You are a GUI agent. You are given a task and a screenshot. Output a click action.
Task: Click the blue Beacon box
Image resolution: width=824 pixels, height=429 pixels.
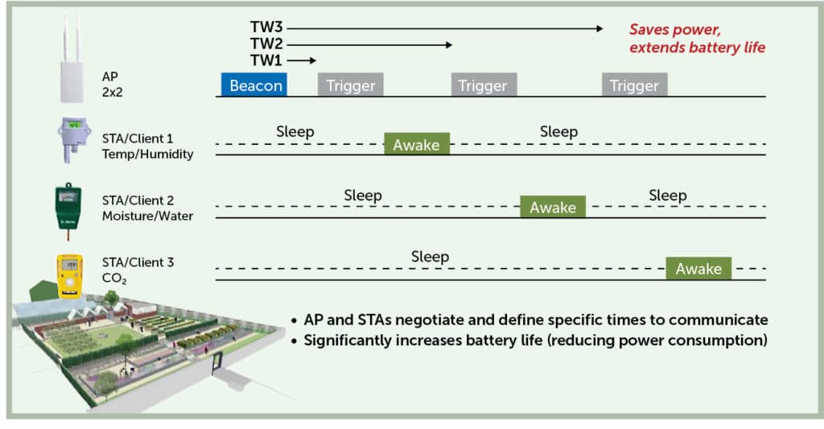point(253,85)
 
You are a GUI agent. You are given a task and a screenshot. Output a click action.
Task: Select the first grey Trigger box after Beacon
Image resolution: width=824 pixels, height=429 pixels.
point(351,85)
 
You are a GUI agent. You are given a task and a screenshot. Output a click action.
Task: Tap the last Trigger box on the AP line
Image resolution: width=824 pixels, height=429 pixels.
point(635,85)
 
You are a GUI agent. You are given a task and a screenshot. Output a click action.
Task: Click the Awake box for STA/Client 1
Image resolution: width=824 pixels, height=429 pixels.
point(417,143)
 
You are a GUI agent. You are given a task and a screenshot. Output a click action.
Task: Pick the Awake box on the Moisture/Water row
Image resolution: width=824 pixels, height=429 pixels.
point(553,207)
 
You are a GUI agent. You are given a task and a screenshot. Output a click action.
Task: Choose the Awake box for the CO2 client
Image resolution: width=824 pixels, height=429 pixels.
point(698,268)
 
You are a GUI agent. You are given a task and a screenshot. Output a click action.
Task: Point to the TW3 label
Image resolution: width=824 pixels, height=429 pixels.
point(266,27)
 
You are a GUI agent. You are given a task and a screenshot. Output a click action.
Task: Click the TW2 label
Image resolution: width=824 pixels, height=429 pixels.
point(266,43)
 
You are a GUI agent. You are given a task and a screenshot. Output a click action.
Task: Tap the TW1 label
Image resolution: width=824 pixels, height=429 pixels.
point(266,60)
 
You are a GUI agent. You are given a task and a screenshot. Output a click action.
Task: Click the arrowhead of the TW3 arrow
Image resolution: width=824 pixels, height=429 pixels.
point(600,28)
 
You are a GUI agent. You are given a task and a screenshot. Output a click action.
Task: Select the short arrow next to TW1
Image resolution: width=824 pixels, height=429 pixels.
point(302,60)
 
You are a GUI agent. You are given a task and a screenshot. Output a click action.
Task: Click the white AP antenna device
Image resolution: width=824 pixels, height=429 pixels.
point(72,58)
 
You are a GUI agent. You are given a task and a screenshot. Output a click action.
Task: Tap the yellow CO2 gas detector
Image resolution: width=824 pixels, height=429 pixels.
point(69,275)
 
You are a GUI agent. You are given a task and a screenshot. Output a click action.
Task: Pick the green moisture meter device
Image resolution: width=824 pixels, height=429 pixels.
point(68,210)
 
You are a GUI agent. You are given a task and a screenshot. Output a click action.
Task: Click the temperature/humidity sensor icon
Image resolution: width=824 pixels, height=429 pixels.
point(73,139)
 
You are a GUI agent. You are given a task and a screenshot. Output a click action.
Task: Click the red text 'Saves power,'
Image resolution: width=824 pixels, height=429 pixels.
point(675,30)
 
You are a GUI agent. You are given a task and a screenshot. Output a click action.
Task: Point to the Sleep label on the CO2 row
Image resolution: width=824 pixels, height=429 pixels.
point(430,257)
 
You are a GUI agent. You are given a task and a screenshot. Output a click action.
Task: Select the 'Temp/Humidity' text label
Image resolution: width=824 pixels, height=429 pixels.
point(148,154)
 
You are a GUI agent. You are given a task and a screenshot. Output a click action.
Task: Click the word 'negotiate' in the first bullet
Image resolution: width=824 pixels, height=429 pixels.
point(423,320)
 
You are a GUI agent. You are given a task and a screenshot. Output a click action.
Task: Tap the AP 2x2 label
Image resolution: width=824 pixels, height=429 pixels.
point(112,85)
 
